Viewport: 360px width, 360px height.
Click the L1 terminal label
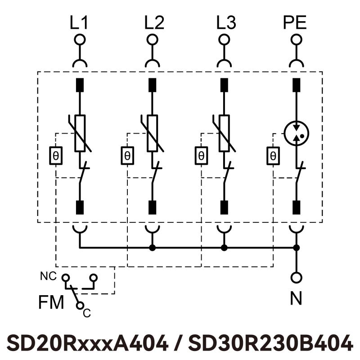tap(80, 23)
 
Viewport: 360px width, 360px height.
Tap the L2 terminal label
tap(154, 23)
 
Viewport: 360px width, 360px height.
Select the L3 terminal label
tap(225, 23)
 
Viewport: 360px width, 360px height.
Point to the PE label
tap(295, 23)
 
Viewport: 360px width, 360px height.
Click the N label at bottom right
tap(296, 299)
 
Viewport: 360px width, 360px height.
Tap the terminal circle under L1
tap(80, 40)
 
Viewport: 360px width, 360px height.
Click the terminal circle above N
tap(296, 277)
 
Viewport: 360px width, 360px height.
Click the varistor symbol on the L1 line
tap(80, 133)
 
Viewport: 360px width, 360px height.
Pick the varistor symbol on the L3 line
tap(224, 133)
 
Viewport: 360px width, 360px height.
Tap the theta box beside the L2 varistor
tap(127, 156)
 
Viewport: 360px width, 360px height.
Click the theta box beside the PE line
tap(273, 156)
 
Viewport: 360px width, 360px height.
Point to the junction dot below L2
tap(152, 247)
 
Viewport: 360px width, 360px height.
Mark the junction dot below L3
tap(224, 247)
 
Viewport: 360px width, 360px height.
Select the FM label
tap(51, 302)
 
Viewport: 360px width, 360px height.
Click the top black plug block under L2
tap(152, 85)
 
